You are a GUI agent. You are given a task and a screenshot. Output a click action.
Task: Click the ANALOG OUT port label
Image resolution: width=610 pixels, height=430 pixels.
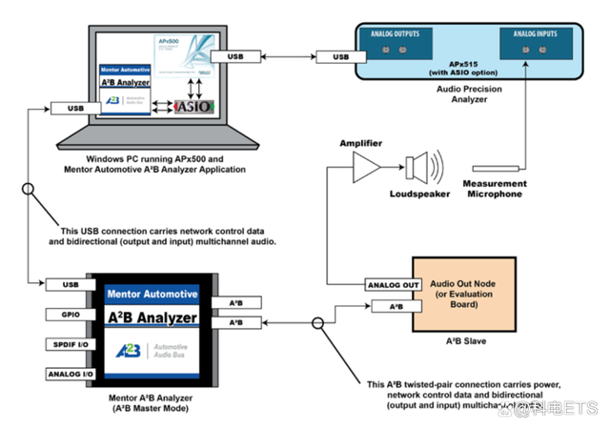[x=394, y=285]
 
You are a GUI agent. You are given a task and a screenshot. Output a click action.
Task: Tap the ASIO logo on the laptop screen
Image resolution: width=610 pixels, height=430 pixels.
[x=193, y=107]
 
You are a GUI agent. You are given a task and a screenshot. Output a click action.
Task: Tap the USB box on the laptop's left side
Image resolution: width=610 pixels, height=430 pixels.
[x=76, y=109]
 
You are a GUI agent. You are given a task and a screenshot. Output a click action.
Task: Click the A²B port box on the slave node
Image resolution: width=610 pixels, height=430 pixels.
[x=394, y=306]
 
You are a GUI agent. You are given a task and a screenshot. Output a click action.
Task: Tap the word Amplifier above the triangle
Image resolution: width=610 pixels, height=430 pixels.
[x=361, y=142]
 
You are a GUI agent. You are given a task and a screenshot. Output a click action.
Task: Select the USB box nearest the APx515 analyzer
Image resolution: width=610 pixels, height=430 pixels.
[x=340, y=57]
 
